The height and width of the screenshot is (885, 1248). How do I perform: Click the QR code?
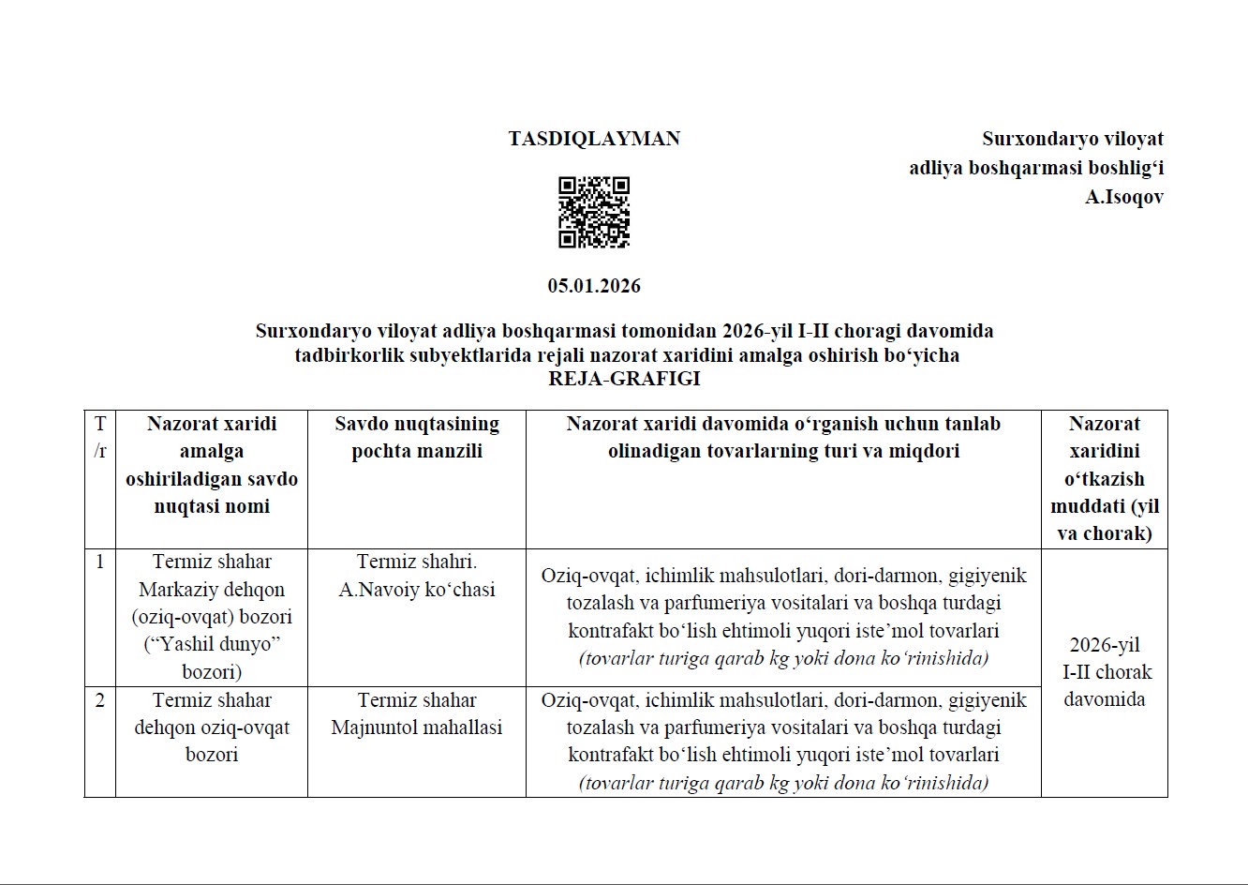click(x=594, y=212)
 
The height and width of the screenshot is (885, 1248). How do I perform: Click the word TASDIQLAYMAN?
click(x=594, y=139)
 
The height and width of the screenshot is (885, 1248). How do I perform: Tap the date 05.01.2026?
click(x=594, y=286)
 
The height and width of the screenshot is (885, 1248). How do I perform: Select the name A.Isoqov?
click(x=1123, y=198)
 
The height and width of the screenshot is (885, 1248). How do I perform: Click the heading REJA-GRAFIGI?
click(x=624, y=380)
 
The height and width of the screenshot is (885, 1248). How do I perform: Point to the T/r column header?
click(x=100, y=437)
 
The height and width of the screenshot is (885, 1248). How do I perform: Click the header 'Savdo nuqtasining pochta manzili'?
click(x=417, y=437)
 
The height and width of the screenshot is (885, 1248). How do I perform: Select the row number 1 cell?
click(x=100, y=562)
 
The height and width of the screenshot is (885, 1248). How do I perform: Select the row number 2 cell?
click(x=100, y=701)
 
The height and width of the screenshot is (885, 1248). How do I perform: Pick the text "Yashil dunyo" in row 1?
click(x=213, y=645)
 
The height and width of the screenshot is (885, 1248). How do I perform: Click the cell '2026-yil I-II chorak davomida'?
click(x=1105, y=672)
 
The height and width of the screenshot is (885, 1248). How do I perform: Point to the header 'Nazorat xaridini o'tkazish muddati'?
click(x=1105, y=478)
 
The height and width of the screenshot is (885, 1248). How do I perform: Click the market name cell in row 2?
click(x=212, y=727)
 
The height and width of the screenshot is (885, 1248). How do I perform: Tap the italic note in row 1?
click(x=783, y=658)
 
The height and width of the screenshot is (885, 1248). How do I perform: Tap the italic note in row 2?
click(x=783, y=783)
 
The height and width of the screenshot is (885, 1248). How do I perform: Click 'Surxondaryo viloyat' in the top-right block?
click(x=1072, y=139)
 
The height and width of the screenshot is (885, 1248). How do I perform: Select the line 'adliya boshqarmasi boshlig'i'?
click(x=1036, y=169)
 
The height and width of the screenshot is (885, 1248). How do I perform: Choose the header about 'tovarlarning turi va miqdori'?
click(x=783, y=437)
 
